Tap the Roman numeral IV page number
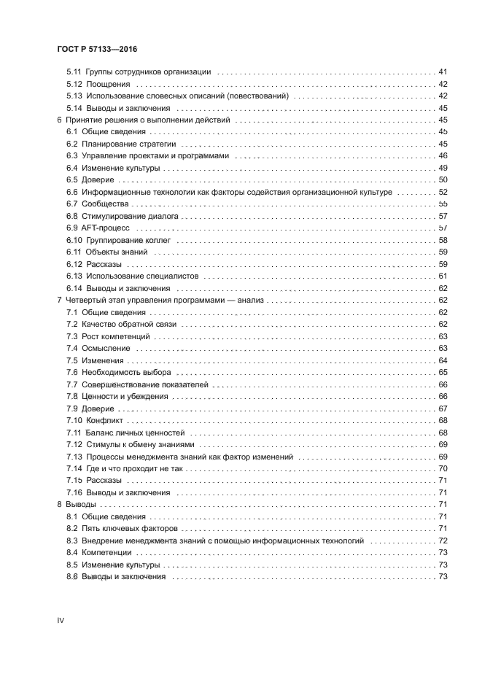61,620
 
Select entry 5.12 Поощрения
99,84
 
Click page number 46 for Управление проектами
442,155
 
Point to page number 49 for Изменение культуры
442,168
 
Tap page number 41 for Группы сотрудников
442,71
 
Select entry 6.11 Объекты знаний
107,252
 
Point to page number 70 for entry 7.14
442,469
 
